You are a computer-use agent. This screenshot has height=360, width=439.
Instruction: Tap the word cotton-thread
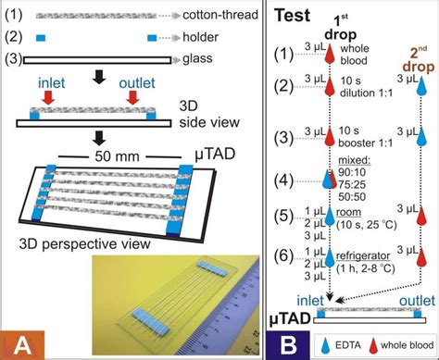(174, 17)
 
